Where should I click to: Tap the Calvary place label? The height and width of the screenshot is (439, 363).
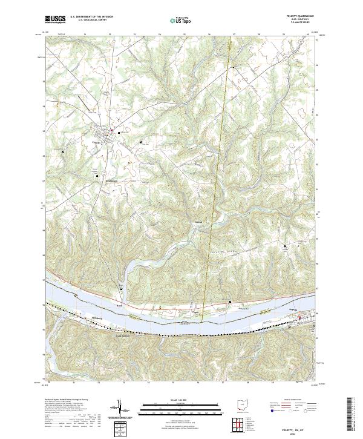197,222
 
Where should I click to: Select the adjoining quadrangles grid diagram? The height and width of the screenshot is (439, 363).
240,424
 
